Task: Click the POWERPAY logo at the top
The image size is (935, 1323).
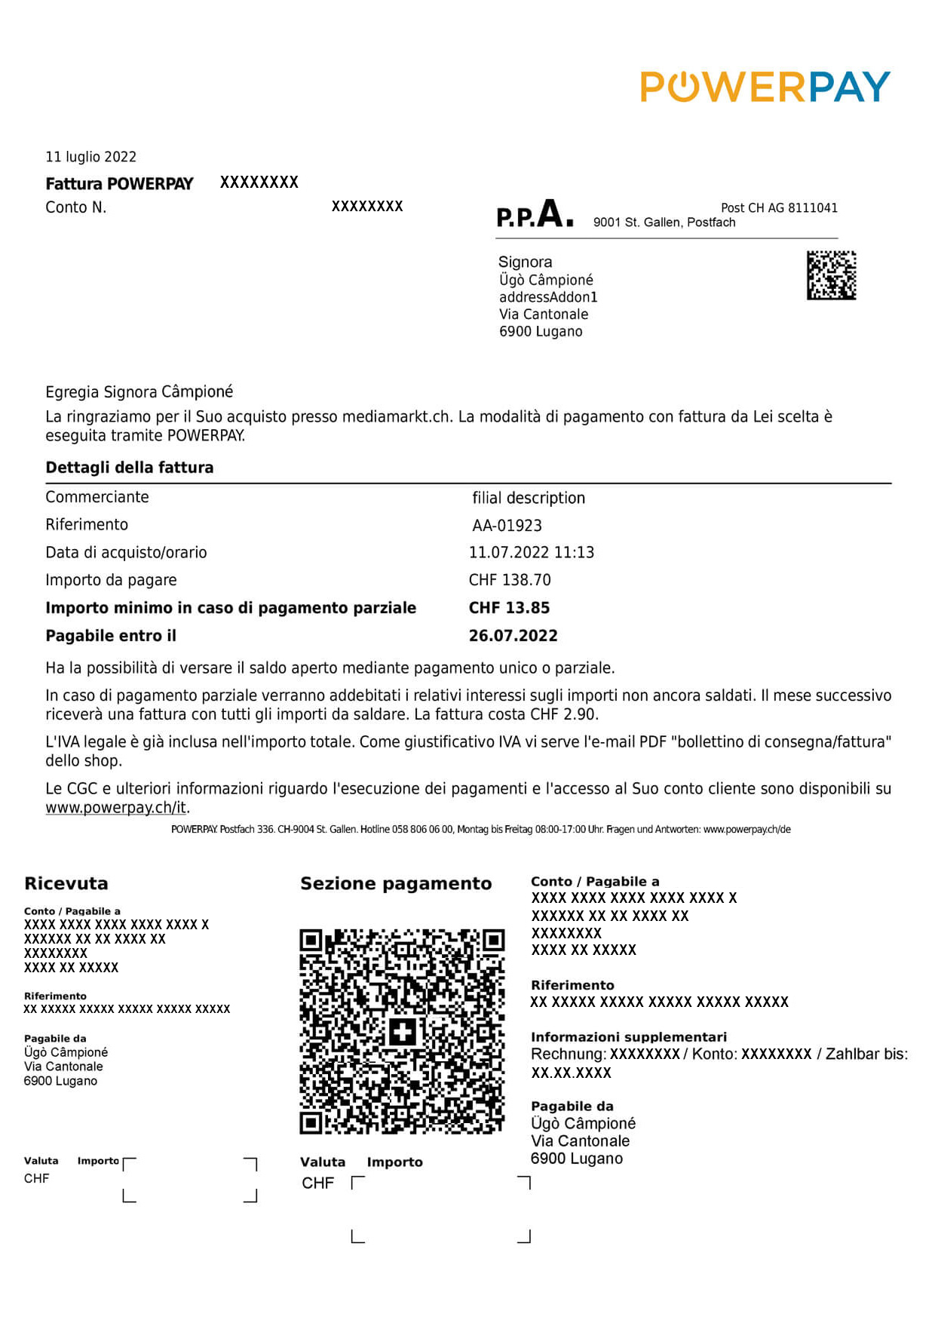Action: [x=765, y=87]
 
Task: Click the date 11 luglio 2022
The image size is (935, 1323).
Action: [x=91, y=157]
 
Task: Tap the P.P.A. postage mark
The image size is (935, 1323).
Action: [x=535, y=214]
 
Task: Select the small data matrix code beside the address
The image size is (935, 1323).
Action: [x=831, y=275]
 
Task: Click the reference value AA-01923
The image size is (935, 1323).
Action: [x=507, y=526]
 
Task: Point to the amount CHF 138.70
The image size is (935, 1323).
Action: [x=510, y=580]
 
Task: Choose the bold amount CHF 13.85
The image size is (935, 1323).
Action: [x=509, y=608]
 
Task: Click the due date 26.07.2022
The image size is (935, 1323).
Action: [x=513, y=636]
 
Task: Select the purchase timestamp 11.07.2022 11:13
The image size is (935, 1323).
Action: [x=531, y=553]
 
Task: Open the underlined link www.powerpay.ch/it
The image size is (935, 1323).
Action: [x=116, y=807]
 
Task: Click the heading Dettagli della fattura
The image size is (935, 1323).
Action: [x=130, y=468]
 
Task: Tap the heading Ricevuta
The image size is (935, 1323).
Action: [x=66, y=883]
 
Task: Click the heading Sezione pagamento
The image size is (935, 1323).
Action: [x=396, y=883]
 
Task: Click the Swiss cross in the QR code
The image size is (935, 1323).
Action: [x=403, y=1031]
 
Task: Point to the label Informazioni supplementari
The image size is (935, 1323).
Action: [x=628, y=1037]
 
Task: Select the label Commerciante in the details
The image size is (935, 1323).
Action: [x=97, y=497]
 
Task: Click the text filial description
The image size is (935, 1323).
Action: [x=529, y=498]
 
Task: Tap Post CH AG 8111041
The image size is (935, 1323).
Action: [x=779, y=208]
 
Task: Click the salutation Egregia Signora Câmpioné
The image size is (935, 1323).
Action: [x=139, y=392]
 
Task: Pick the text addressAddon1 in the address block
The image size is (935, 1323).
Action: [x=548, y=297]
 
